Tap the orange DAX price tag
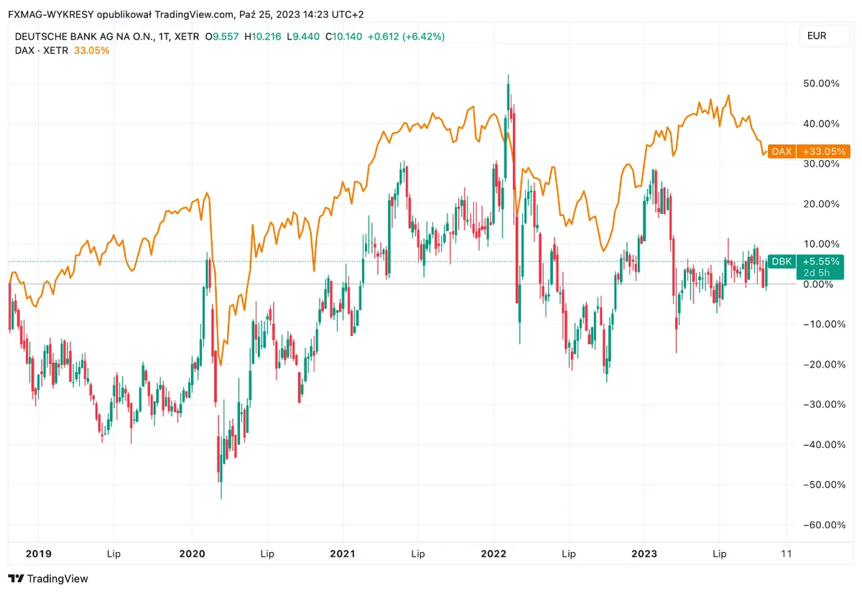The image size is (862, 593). pyautogui.click(x=809, y=151)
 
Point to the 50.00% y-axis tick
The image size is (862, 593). pyautogui.click(x=820, y=83)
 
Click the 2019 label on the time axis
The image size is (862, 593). pyautogui.click(x=39, y=554)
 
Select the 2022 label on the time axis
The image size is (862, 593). pyautogui.click(x=493, y=554)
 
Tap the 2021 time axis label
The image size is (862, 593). pyautogui.click(x=343, y=554)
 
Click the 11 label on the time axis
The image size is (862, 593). pyautogui.click(x=786, y=554)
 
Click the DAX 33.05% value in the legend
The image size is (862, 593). pyautogui.click(x=92, y=50)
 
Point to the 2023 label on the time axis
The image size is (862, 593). pyautogui.click(x=644, y=554)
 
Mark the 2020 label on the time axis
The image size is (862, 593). pyautogui.click(x=192, y=554)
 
